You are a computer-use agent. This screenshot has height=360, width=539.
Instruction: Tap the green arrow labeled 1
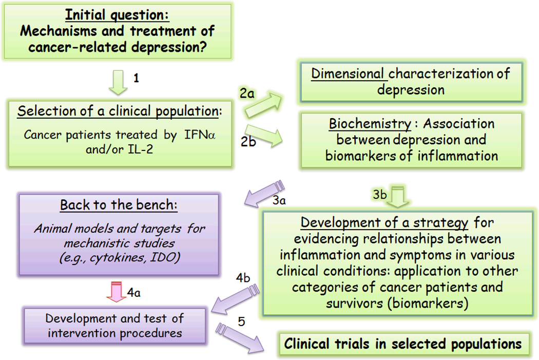pyautogui.click(x=119, y=82)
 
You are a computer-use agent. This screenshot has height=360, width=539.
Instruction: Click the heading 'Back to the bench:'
pyautogui.click(x=119, y=204)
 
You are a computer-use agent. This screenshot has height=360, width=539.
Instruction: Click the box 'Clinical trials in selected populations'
pyautogui.click(x=403, y=344)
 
